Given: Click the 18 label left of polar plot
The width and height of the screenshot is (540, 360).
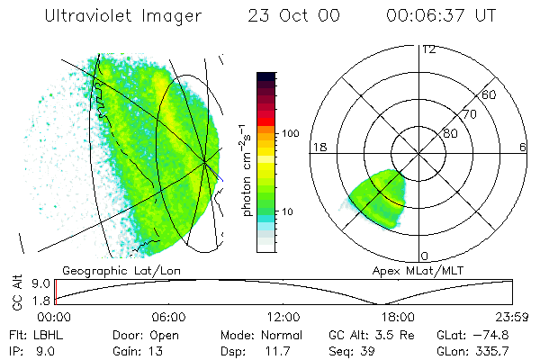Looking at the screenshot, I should (319, 147).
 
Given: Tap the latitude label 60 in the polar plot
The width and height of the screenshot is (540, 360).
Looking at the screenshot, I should (490, 94).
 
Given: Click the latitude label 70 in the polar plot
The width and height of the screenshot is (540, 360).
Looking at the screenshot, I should (468, 114).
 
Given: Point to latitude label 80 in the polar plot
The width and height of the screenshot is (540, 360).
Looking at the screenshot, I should (449, 134).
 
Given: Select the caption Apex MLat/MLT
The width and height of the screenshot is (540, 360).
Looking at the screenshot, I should (411, 270).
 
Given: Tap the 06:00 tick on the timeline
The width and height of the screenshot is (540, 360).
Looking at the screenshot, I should (169, 317).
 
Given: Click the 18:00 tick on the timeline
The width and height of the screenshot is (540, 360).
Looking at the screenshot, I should (399, 317).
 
